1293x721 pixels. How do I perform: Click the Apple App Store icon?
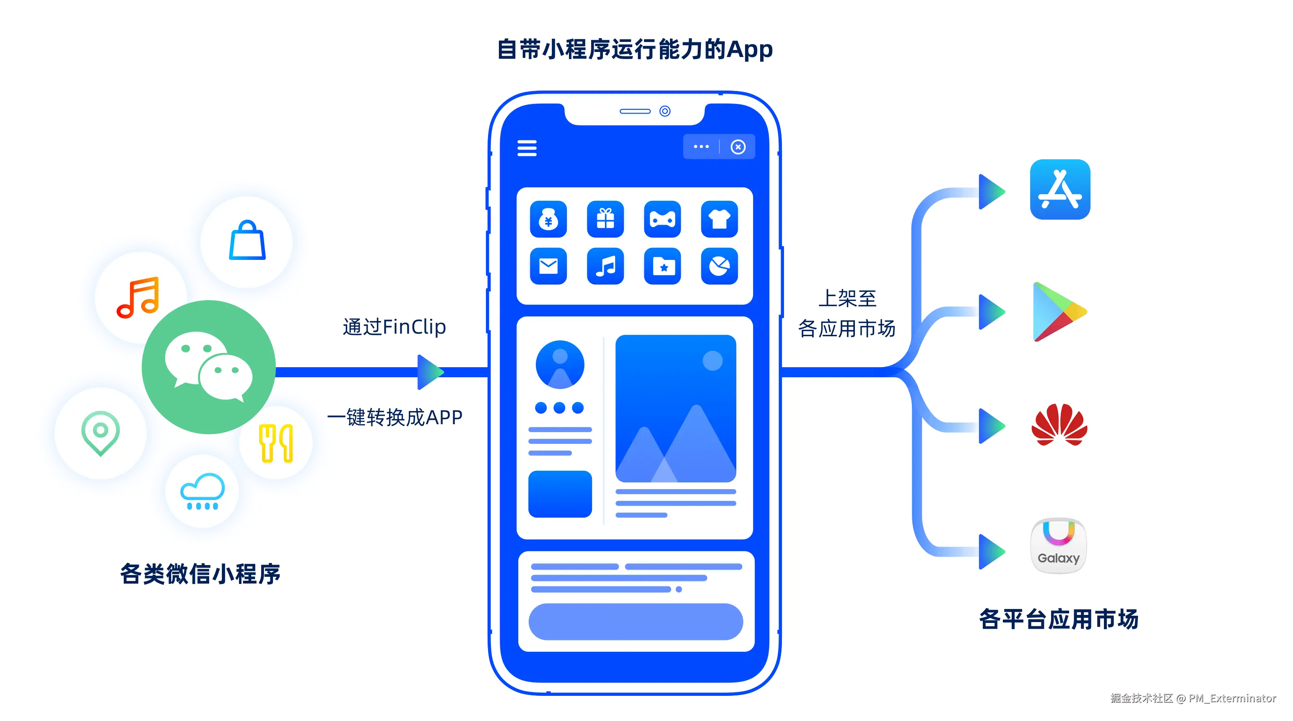click(1059, 189)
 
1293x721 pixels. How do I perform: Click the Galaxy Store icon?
click(1059, 545)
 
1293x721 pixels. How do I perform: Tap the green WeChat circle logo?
click(208, 367)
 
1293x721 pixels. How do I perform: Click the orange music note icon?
click(138, 297)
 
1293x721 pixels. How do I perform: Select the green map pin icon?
click(100, 433)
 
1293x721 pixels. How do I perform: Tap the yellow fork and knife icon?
click(275, 443)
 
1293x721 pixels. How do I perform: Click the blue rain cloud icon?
click(202, 491)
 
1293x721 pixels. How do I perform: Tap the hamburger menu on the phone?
click(527, 148)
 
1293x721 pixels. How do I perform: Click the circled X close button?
click(737, 147)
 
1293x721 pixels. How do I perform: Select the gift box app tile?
click(605, 219)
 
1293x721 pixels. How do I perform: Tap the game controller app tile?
click(662, 219)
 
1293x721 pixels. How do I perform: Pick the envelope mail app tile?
click(548, 266)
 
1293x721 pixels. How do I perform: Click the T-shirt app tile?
click(719, 219)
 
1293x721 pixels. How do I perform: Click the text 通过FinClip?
click(394, 327)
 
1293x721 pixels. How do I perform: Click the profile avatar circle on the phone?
click(560, 364)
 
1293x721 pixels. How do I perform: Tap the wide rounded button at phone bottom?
click(636, 621)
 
